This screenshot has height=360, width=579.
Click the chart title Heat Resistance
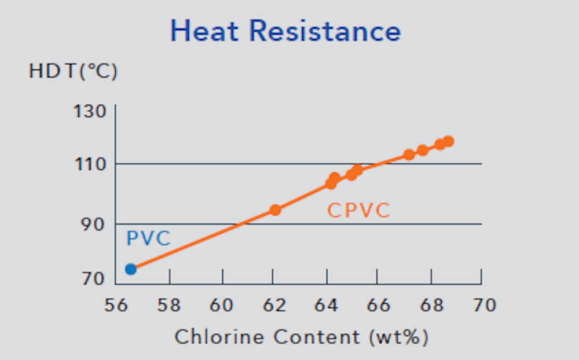[x=285, y=31]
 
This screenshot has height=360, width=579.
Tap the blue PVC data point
[x=131, y=269]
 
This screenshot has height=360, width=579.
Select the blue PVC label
[x=149, y=238]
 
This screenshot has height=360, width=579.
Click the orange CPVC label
[x=359, y=211]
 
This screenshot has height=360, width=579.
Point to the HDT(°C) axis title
[x=73, y=72]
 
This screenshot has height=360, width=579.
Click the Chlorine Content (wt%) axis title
[x=301, y=337]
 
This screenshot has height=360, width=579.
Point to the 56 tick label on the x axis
[x=116, y=305]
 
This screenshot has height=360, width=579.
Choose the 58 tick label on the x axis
[x=169, y=305]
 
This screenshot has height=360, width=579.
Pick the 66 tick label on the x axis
[x=377, y=305]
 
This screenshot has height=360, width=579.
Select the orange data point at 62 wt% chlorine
[x=275, y=210]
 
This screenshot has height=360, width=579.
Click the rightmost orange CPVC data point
[x=448, y=142]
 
